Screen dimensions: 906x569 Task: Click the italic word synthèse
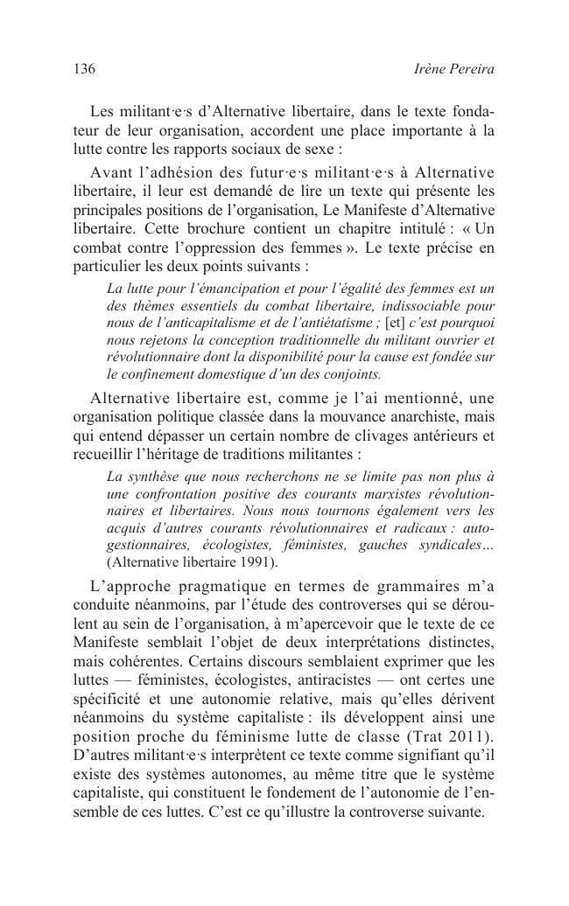[x=154, y=477]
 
